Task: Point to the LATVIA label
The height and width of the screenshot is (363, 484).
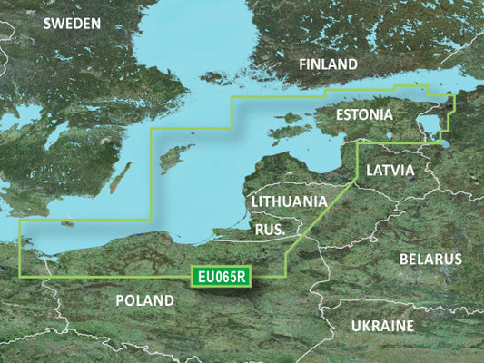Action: (x=390, y=170)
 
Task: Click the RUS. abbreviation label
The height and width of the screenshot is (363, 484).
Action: (x=269, y=231)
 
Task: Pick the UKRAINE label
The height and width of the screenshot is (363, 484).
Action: (x=380, y=325)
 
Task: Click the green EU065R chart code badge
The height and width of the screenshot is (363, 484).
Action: (x=222, y=275)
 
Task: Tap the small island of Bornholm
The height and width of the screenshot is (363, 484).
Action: (x=66, y=221)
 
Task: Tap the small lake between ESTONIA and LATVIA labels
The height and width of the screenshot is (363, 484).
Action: (x=390, y=139)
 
